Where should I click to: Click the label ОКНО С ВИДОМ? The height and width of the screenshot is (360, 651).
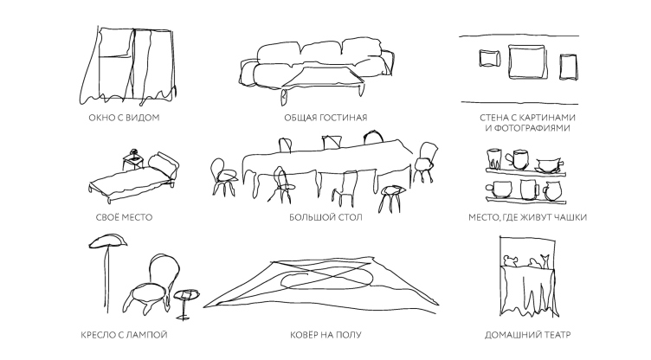click(124, 118)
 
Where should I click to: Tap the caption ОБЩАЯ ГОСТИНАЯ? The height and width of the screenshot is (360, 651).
click(325, 118)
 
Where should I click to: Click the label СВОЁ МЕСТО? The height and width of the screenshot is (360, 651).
click(124, 217)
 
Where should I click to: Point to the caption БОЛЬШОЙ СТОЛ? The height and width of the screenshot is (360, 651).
click(325, 217)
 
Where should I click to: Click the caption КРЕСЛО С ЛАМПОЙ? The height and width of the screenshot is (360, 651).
click(124, 335)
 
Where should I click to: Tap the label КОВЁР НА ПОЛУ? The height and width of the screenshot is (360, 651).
click(325, 335)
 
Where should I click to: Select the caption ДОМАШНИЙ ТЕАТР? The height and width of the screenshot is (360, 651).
click(528, 335)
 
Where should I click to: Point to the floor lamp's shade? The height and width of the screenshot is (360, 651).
click(108, 241)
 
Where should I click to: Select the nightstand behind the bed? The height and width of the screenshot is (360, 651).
click(133, 160)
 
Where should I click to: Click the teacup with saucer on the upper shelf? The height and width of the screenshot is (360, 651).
click(550, 165)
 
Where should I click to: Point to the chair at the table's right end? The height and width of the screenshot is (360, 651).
click(424, 162)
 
